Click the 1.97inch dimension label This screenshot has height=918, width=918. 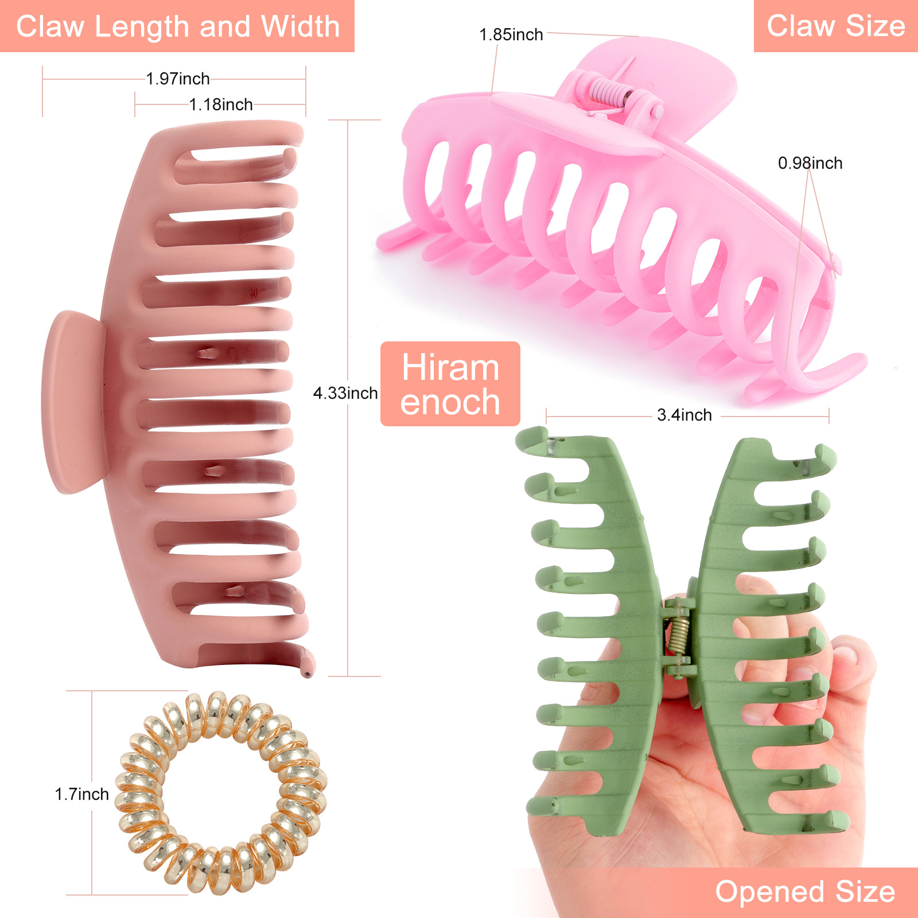tap(178, 79)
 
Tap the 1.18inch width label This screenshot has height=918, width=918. tap(221, 104)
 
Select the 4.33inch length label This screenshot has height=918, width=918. tap(345, 393)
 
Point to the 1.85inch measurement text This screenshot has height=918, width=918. tap(511, 34)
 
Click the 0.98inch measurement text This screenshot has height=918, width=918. tap(810, 163)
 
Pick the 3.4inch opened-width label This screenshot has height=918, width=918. tap(684, 415)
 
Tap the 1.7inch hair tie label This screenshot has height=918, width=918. tap(81, 794)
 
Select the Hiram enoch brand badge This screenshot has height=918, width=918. tap(450, 384)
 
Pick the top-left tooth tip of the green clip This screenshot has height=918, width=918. tap(531, 436)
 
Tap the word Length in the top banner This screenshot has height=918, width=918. tap(141, 26)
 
